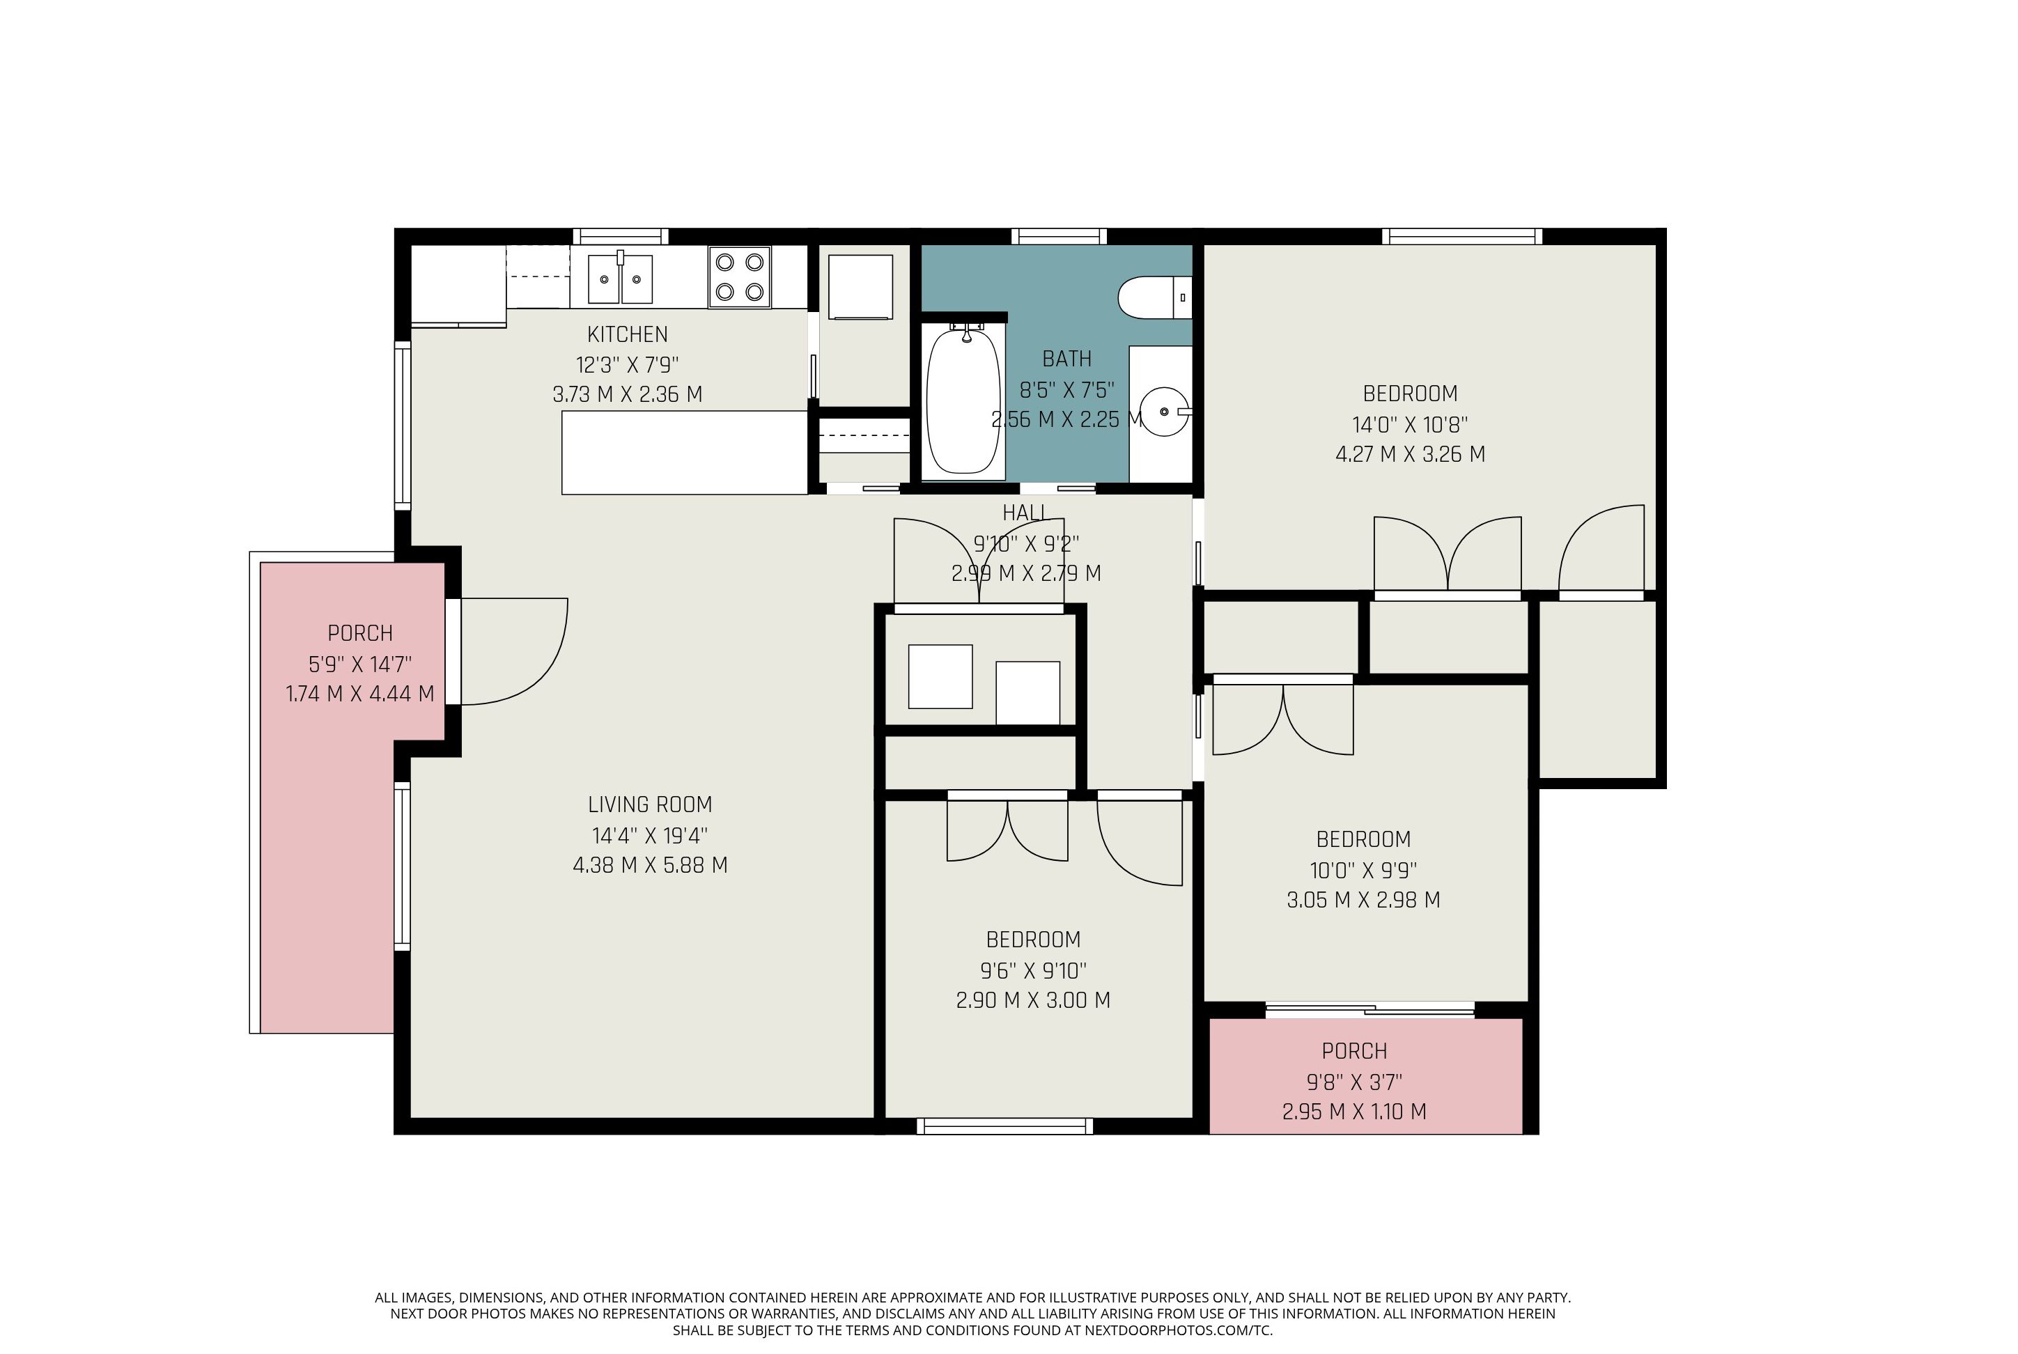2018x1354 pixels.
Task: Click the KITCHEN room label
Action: (627, 334)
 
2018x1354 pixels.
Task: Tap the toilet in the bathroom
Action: (1154, 297)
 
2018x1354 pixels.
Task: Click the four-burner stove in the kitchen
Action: (739, 277)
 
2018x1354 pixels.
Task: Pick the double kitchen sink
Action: (620, 278)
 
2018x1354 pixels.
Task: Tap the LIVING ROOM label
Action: (650, 804)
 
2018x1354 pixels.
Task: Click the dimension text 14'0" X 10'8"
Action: (1410, 424)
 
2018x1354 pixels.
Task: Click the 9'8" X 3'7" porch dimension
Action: (1354, 1081)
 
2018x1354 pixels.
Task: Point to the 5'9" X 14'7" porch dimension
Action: (360, 664)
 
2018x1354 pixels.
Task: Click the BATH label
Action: (1066, 359)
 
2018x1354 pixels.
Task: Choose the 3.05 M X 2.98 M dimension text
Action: (1363, 900)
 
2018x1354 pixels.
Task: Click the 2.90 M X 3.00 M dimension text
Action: (1033, 1000)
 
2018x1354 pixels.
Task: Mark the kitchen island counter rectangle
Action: (684, 453)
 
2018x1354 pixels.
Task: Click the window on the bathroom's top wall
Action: (1059, 235)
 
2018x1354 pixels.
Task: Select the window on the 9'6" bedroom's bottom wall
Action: (1004, 1126)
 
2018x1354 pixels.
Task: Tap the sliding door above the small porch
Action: (1369, 1009)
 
